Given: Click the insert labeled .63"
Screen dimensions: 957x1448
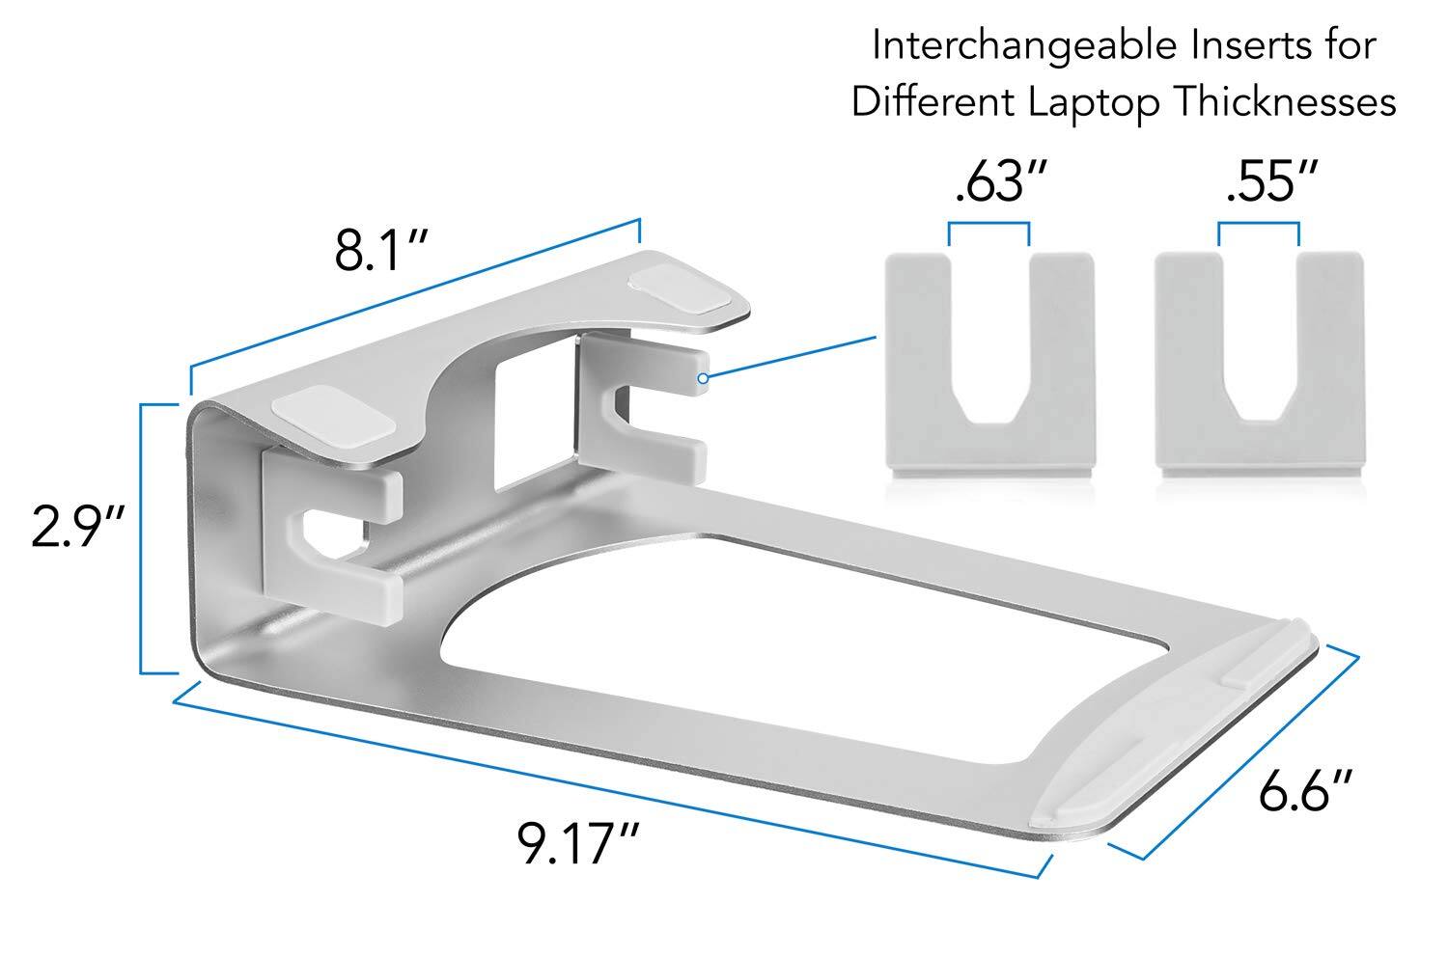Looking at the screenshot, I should point(989,367).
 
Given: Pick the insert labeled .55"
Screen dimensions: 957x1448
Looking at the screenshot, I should point(1259,367).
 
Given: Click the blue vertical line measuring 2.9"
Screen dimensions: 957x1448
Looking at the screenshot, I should point(142,538).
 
